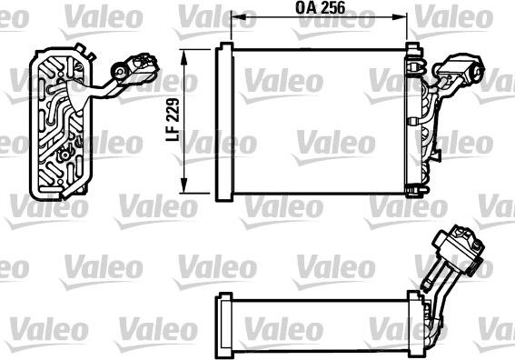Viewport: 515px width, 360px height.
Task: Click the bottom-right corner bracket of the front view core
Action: (415, 188)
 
